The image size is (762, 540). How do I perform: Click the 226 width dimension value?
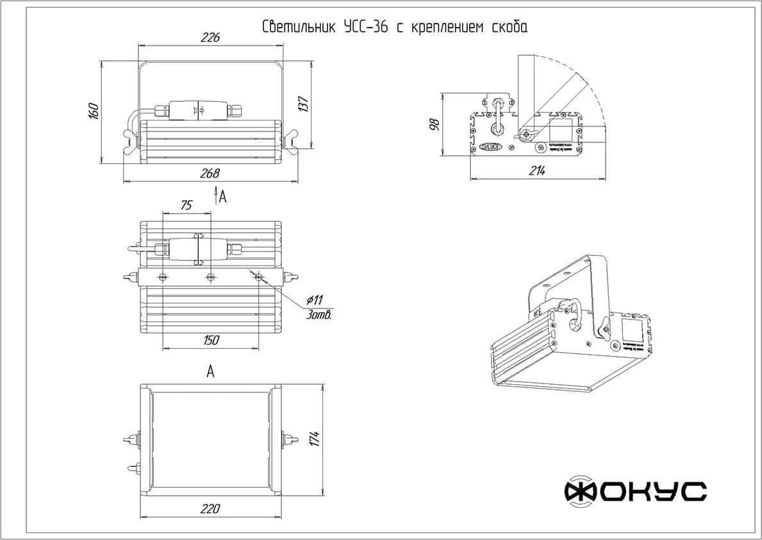pos(210,38)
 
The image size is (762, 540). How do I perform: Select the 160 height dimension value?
pos(93,111)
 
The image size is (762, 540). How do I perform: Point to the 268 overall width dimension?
pos(210,173)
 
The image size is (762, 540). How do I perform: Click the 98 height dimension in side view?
pos(434,124)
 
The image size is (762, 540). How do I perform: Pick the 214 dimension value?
pos(537,171)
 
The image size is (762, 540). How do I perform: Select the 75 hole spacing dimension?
pos(186,205)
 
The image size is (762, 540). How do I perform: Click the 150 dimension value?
pos(210,340)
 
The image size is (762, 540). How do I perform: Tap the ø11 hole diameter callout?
pos(315,300)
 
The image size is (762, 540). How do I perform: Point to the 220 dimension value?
pos(210,509)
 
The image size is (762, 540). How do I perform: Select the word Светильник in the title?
pos(299,28)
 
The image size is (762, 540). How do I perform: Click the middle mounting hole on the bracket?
pos(211,277)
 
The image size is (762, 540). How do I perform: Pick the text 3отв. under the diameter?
pos(319,315)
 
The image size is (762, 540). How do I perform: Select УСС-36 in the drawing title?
pos(365,28)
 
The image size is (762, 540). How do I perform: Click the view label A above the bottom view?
pos(210,371)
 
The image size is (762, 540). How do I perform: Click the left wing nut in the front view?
pos(132,140)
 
